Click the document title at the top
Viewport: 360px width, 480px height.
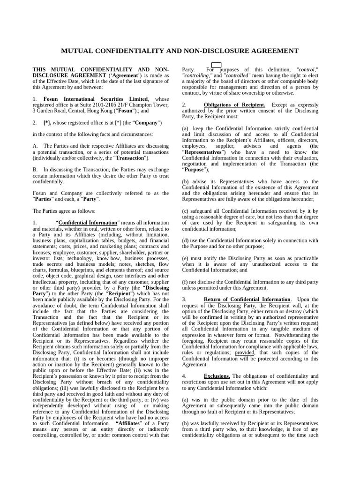coord(180,51)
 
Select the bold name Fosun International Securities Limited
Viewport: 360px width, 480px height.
coord(96,99)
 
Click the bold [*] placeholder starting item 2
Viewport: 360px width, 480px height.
coord(47,123)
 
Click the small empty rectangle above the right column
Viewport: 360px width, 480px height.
coord(216,65)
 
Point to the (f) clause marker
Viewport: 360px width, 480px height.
coord(185,282)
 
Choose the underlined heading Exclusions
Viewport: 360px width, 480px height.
coord(217,376)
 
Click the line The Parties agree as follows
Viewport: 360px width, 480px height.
coord(64,211)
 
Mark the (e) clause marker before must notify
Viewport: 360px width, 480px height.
coord(185,258)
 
